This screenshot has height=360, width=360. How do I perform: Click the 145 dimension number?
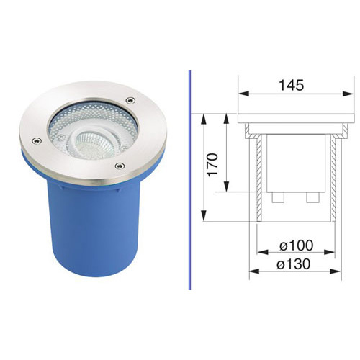click(292, 85)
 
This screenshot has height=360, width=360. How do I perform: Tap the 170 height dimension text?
click(213, 165)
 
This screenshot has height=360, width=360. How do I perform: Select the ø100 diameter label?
click(297, 246)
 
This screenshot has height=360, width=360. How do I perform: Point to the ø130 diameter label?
click(293, 264)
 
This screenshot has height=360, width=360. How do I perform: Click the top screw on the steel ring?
click(130, 100)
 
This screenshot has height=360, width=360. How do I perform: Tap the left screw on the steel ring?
click(36, 140)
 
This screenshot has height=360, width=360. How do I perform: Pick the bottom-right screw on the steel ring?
click(120, 166)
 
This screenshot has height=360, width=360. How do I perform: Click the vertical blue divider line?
click(189, 180)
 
